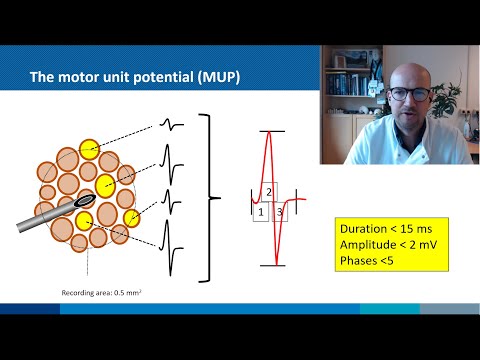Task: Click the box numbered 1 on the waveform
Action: pos(260,212)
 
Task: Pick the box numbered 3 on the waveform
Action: pos(280,212)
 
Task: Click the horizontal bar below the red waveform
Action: pos(273,265)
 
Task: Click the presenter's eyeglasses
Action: pos(411,95)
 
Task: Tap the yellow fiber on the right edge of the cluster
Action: pos(131,218)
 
